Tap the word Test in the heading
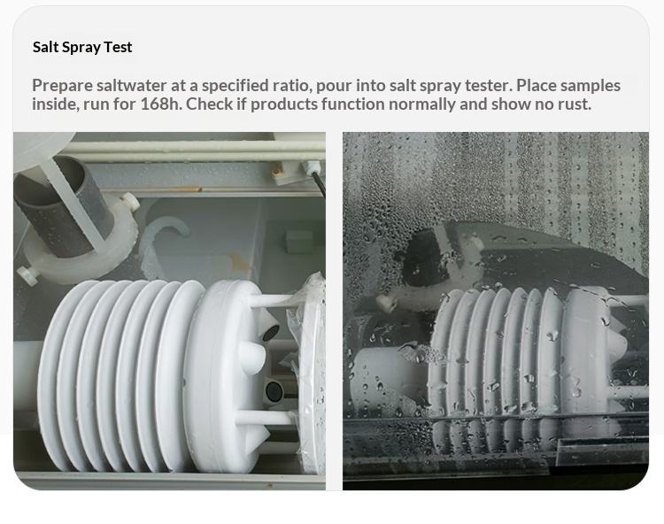point(118,47)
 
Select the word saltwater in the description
point(131,85)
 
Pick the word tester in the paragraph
point(489,85)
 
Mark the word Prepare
point(62,86)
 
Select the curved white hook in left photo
point(163,237)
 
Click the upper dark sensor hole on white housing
point(271,332)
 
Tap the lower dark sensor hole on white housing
point(274,390)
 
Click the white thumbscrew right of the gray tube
point(130,202)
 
